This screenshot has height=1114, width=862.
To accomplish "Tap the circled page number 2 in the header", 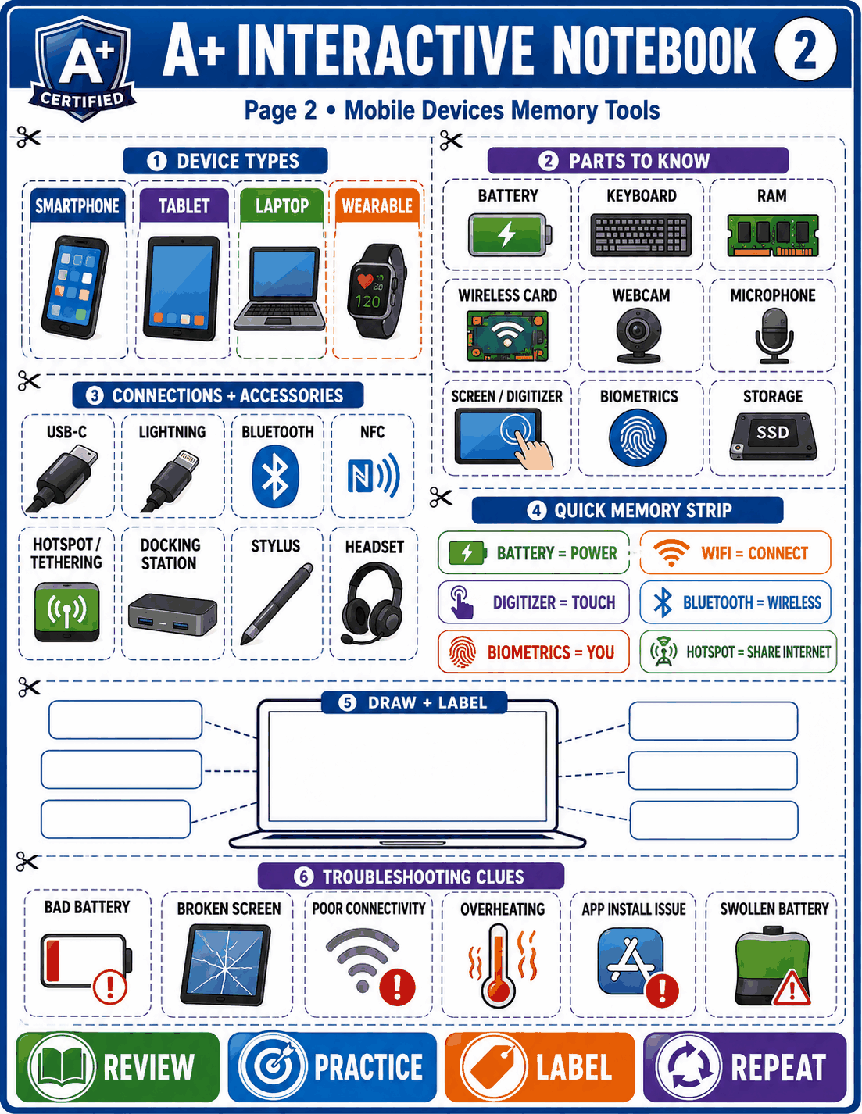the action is click(x=805, y=49).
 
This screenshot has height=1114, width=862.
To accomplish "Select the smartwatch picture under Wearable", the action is click(x=377, y=290).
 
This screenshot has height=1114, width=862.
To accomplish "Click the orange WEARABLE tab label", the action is click(x=377, y=206).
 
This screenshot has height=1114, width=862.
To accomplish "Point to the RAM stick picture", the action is click(x=772, y=235).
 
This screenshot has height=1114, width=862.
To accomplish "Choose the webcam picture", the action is click(x=638, y=335).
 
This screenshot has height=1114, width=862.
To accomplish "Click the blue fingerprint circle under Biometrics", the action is click(x=638, y=437).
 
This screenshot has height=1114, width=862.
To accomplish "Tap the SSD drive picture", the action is click(x=773, y=436).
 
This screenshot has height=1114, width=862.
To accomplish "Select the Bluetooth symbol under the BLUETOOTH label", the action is click(x=275, y=477).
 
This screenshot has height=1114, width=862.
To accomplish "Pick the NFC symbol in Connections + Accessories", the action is click(x=374, y=475).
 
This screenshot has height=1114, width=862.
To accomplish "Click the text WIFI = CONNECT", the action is click(x=754, y=553).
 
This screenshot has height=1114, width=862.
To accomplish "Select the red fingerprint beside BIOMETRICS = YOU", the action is click(x=462, y=652).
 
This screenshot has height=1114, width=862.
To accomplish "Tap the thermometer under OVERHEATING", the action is click(x=498, y=965).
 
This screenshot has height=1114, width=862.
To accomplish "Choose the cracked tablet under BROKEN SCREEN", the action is click(x=226, y=964).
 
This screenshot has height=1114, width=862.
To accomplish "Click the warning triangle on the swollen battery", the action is click(x=792, y=987).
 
